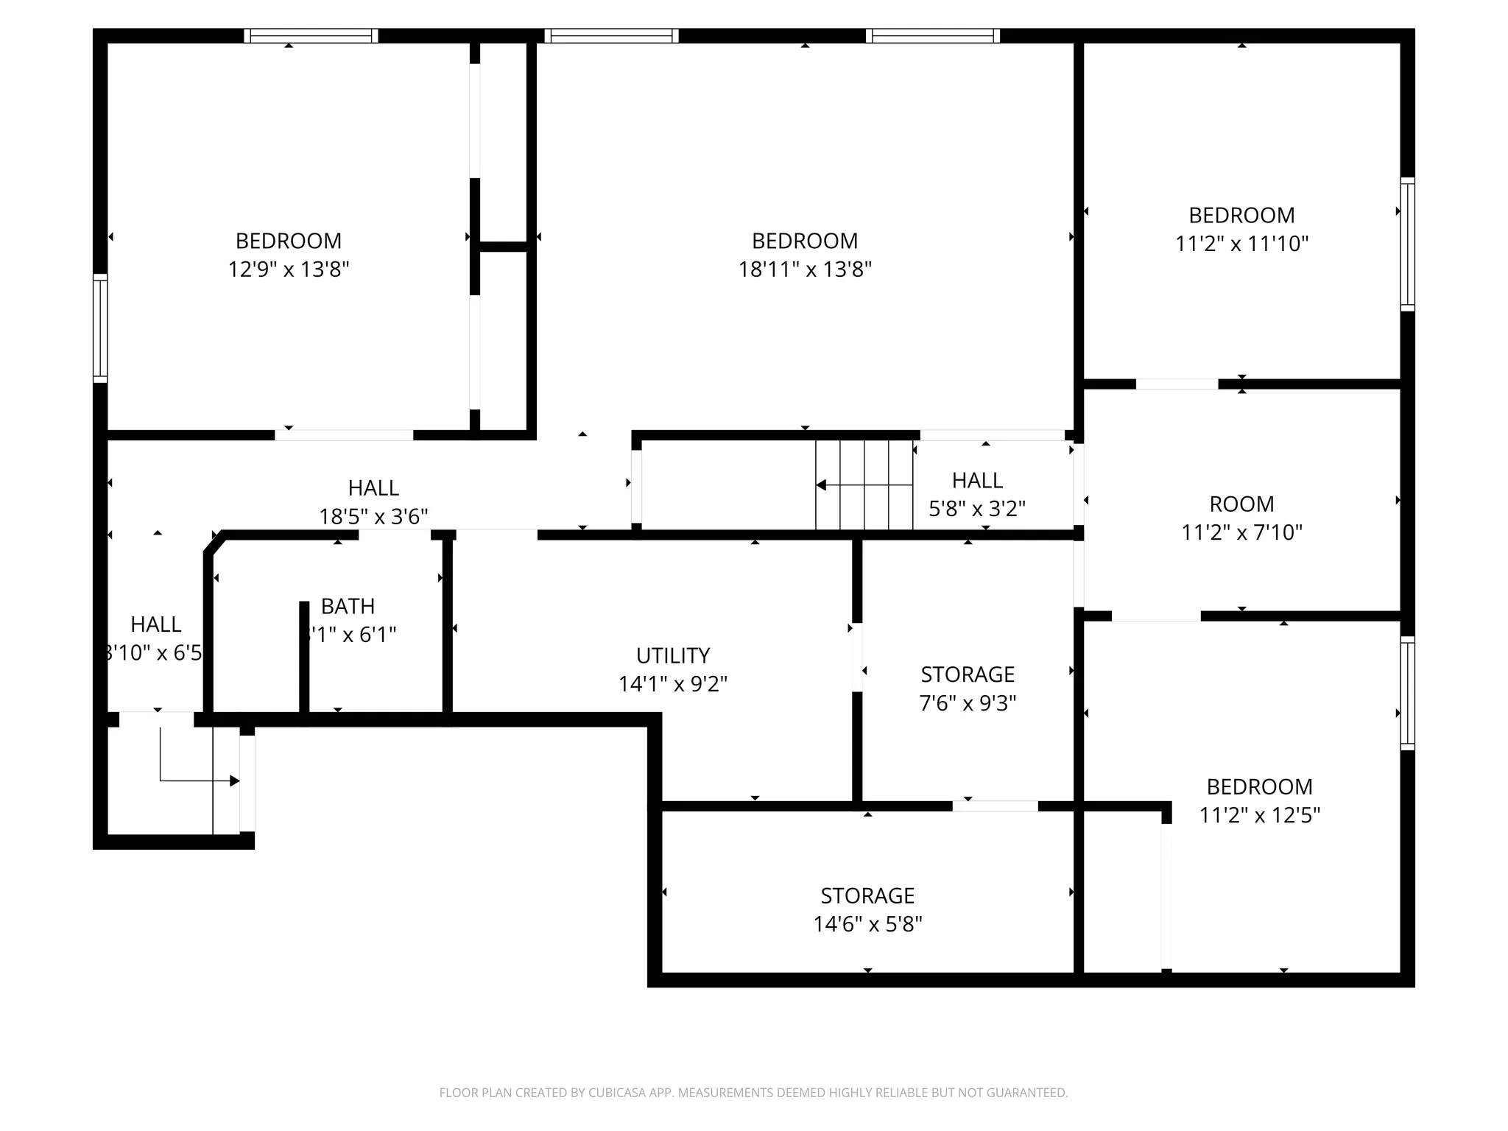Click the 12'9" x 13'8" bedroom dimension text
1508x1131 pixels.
tap(288, 269)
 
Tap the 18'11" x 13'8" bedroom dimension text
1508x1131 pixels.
tap(805, 269)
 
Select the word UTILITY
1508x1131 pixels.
tap(673, 655)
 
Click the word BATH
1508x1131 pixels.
tap(348, 606)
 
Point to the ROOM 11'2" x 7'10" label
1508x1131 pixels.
tap(1241, 518)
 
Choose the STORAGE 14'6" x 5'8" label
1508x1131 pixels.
tap(867, 910)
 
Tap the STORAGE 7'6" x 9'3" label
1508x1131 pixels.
tap(968, 688)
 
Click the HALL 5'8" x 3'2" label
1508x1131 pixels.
tap(977, 495)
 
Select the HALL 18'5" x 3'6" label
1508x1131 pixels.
tap(373, 502)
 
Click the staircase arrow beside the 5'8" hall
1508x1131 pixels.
tap(822, 485)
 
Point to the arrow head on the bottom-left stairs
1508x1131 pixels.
tap(234, 781)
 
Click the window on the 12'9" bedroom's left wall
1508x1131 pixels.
tap(100, 328)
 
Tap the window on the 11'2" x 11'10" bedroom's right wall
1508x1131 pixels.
tap(1407, 244)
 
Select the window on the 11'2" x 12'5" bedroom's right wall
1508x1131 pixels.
tap(1407, 693)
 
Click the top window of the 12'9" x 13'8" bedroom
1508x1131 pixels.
tap(311, 35)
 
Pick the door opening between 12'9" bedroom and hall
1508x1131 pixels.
tap(344, 435)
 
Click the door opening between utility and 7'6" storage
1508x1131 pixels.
tap(857, 657)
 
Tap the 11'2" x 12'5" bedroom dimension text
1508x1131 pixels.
tap(1259, 815)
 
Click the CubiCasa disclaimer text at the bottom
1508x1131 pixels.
tap(753, 1093)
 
